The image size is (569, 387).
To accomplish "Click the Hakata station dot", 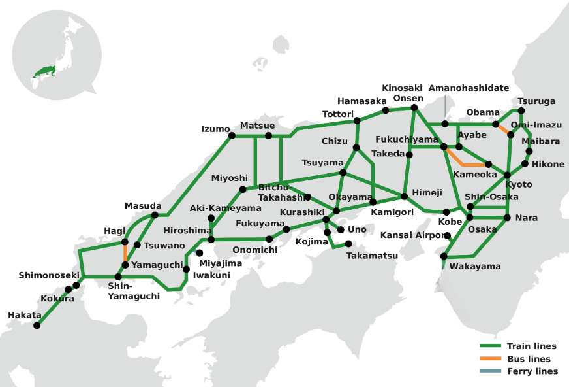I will click(x=38, y=325).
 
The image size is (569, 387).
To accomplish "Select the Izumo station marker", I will click(x=231, y=136).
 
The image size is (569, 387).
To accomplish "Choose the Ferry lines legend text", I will click(x=532, y=371).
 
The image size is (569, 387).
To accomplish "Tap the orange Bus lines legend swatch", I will click(x=490, y=358).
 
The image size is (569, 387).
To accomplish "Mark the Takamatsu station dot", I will click(x=348, y=244).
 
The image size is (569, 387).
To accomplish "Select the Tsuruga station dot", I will click(x=521, y=110).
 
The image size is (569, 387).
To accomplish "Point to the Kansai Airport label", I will click(x=412, y=235).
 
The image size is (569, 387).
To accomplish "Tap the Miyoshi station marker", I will click(x=243, y=189).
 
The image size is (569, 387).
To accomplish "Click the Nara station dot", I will click(x=508, y=217).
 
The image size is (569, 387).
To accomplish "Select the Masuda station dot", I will click(x=155, y=214).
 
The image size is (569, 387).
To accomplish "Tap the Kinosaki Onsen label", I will click(x=403, y=93).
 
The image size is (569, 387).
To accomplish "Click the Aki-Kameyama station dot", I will click(x=211, y=218).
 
